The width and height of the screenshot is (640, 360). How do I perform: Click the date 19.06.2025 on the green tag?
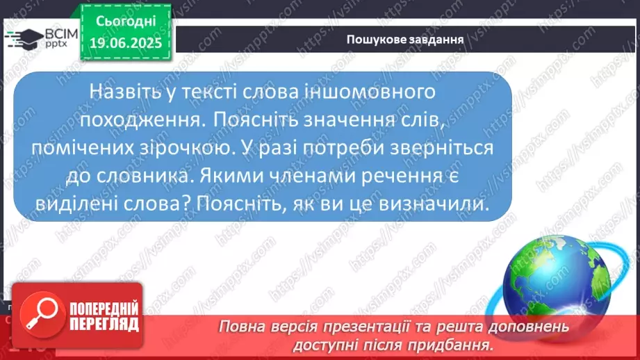[x=126, y=43]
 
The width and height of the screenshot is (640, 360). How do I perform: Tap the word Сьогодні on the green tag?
[x=126, y=21]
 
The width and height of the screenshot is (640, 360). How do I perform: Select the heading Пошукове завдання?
[x=405, y=40]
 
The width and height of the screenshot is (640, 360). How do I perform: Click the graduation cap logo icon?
[x=24, y=39]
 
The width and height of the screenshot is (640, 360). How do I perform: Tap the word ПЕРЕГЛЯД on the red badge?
[x=104, y=325]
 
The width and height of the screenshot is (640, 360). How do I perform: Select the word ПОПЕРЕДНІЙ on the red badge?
[x=104, y=309]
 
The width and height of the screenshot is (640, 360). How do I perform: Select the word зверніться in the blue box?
[x=442, y=148]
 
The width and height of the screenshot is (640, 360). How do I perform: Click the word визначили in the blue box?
[x=434, y=204]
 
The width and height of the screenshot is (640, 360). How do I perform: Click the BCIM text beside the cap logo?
[x=61, y=34]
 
